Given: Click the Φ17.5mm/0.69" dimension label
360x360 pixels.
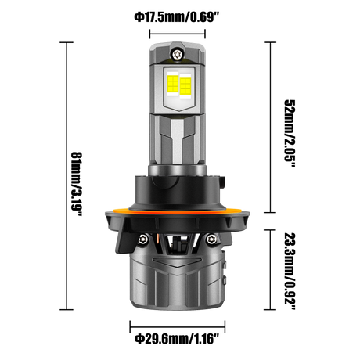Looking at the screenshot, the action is (177, 18).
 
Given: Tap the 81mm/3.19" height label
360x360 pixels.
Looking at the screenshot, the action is (77, 184).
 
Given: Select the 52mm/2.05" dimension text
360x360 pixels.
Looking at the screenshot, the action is (290, 133).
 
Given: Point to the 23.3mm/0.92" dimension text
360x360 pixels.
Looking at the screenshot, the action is (290, 271).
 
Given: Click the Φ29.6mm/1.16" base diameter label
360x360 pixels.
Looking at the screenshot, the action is (177, 339).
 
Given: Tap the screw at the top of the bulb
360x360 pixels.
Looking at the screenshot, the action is (177, 55).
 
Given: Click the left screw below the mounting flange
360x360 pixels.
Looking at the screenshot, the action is (142, 239).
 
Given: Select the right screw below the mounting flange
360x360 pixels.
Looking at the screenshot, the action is (211, 239).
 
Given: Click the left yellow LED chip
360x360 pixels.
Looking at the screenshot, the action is (173, 84).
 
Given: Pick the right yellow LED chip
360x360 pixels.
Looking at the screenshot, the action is (185, 85).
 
